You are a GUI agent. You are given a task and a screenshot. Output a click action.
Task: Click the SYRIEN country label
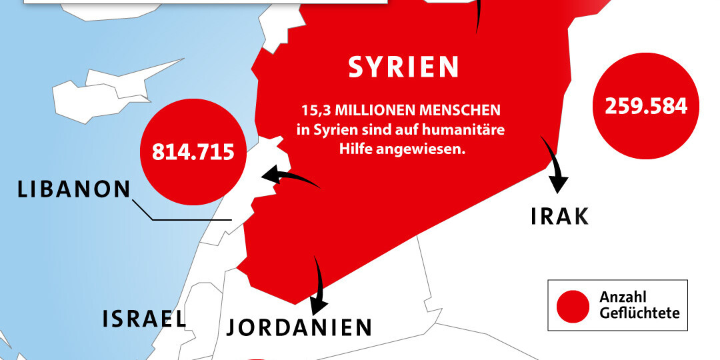click(x=404, y=67)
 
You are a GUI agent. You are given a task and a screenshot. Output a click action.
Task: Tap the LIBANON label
click(x=73, y=189)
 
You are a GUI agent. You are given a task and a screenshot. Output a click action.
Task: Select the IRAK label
click(x=559, y=215)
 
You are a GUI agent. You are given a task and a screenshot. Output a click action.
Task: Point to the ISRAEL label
click(x=144, y=319)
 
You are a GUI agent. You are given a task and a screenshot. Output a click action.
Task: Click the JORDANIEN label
click(x=299, y=327)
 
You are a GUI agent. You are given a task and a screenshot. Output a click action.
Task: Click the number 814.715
click(x=193, y=152)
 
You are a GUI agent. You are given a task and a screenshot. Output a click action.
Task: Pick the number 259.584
click(x=646, y=106)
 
